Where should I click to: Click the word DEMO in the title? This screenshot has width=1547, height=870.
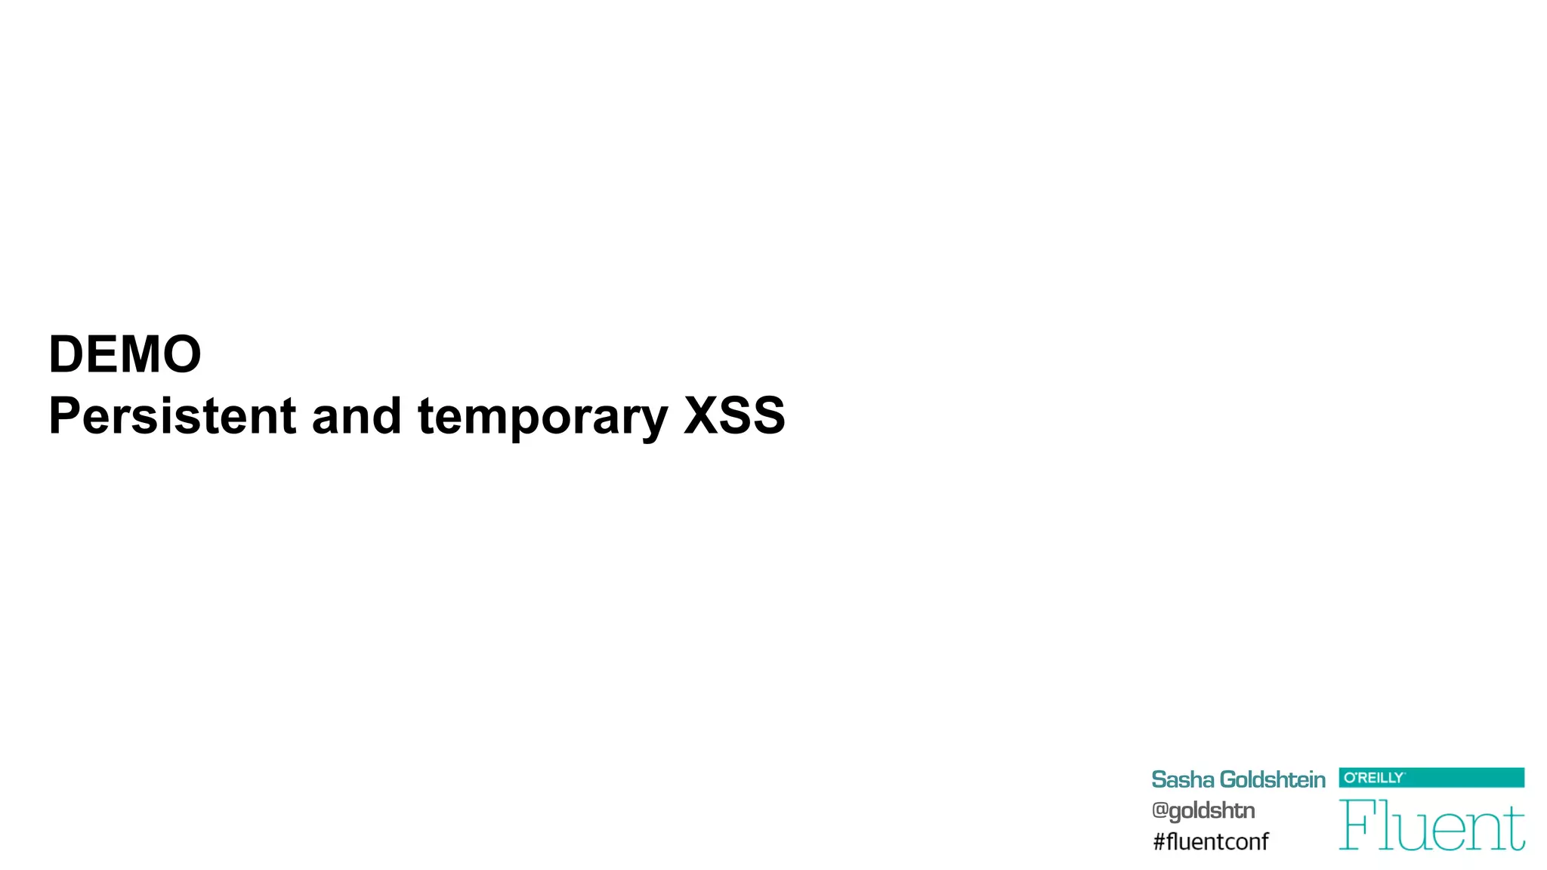pyautogui.click(x=125, y=354)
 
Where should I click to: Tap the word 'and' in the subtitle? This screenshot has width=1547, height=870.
pyautogui.click(x=356, y=416)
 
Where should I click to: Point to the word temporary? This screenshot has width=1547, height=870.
pyautogui.click(x=542, y=418)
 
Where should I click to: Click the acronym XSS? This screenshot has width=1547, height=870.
pyautogui.click(x=734, y=416)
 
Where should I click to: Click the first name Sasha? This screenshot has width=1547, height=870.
pyautogui.click(x=1182, y=779)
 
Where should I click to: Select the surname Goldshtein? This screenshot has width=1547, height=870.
pyautogui.click(x=1272, y=779)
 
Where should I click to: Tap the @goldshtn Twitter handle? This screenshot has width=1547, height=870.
pyautogui.click(x=1203, y=810)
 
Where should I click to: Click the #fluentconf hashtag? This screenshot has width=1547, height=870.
pyautogui.click(x=1210, y=841)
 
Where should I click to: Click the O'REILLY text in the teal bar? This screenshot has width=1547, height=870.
pyautogui.click(x=1373, y=778)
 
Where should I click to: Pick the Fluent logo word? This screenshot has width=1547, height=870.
pyautogui.click(x=1431, y=825)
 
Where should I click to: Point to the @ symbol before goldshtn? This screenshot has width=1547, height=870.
pyautogui.click(x=1159, y=810)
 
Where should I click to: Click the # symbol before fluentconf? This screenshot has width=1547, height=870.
pyautogui.click(x=1159, y=841)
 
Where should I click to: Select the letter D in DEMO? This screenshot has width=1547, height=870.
pyautogui.click(x=66, y=354)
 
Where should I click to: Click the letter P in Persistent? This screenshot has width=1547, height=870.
pyautogui.click(x=64, y=416)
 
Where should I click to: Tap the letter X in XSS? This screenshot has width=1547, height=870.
pyautogui.click(x=701, y=416)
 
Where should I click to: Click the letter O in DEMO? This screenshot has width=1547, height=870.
pyautogui.click(x=181, y=354)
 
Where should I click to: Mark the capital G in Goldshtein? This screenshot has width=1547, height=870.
pyautogui.click(x=1230, y=779)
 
